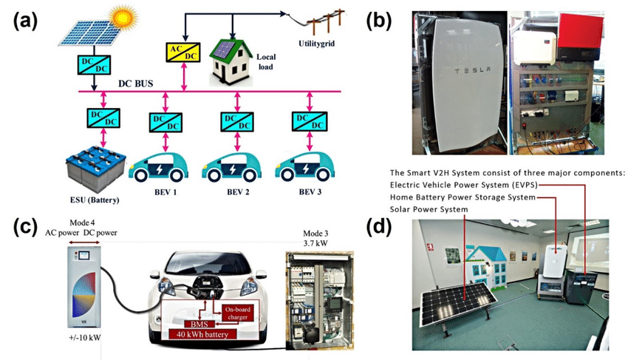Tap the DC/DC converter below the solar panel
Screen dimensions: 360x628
(97, 66)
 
